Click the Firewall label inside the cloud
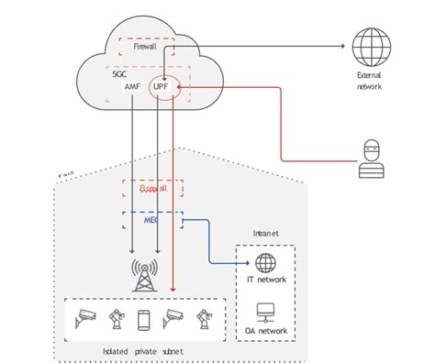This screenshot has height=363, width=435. [145, 46]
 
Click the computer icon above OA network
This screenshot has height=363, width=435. [266, 312]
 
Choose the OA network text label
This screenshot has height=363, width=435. [266, 332]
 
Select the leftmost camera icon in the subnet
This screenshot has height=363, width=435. [84, 318]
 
